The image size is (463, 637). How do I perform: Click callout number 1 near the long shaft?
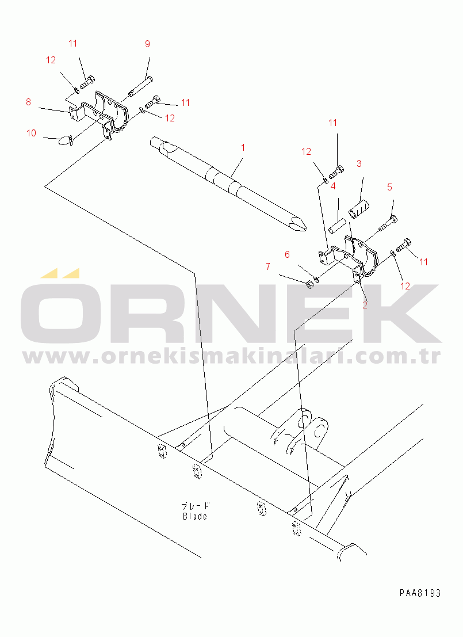[x=243, y=147]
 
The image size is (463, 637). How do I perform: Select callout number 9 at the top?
[x=147, y=44]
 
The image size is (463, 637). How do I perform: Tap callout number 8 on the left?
[x=28, y=102]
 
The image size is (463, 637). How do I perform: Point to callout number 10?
[x=31, y=133]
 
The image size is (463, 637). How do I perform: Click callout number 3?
[x=359, y=164]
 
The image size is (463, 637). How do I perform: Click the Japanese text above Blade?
[x=196, y=506]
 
